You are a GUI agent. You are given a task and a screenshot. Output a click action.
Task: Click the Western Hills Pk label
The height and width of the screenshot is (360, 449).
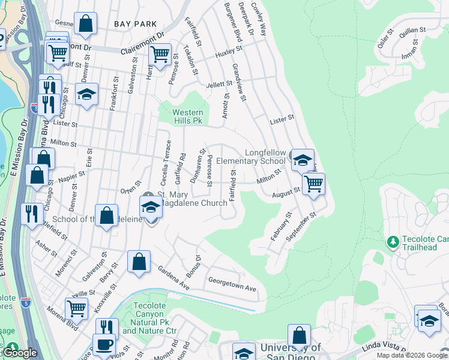click(187, 116)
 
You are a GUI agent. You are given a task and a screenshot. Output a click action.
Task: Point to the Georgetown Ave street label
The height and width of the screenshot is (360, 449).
click(232, 283)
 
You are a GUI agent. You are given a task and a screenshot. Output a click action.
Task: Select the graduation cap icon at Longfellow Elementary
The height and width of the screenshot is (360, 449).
click(303, 160)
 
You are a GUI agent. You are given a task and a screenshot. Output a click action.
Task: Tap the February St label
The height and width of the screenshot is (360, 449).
click(280, 226)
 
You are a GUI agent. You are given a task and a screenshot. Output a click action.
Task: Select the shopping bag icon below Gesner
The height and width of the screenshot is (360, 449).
click(86, 23)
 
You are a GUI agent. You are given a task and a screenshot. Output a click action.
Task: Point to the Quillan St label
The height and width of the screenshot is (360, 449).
click(412, 32)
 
